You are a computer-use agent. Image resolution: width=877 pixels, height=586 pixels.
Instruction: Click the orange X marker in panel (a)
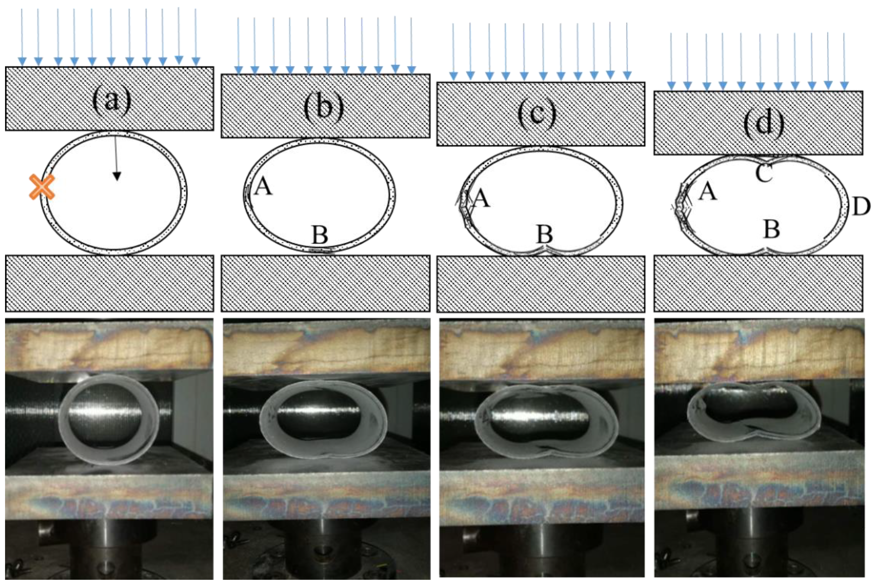[42, 187]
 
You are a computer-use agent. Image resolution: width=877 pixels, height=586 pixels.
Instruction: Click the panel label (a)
[112, 100]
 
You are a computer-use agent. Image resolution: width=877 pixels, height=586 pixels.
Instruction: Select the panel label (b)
[323, 107]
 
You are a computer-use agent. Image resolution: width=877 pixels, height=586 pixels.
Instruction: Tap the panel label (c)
[537, 114]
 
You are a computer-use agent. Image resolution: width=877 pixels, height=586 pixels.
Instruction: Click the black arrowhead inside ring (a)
[117, 176]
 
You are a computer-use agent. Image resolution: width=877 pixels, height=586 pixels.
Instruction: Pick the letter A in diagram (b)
[263, 186]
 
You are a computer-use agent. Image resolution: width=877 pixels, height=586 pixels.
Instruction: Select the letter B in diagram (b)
[320, 235]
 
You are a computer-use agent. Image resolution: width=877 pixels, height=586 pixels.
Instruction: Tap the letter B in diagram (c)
[545, 234]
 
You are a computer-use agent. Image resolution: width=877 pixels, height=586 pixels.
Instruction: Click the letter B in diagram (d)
[772, 229]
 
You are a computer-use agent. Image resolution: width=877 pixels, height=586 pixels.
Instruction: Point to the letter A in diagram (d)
[707, 192]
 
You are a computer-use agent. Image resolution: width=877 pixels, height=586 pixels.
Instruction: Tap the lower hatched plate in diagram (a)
[109, 283]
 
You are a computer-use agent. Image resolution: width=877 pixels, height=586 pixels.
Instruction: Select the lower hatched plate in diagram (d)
[758, 283]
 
